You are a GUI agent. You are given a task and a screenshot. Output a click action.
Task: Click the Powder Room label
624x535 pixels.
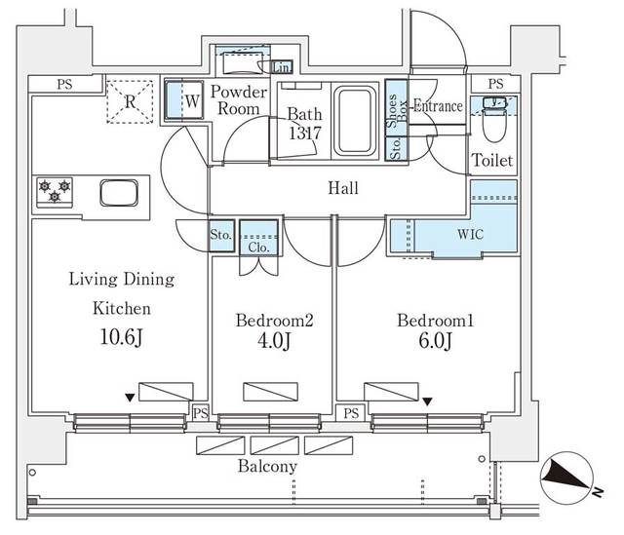click(235, 100)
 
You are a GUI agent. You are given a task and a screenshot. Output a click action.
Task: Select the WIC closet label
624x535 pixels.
click(469, 235)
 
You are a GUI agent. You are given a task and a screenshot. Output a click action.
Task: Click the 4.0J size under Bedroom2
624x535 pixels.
click(273, 341)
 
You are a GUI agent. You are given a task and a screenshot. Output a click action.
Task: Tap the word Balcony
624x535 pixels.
click(267, 467)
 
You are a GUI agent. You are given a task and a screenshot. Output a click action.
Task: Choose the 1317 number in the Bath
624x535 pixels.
click(303, 134)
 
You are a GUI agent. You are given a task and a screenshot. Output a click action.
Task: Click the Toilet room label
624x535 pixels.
click(492, 160)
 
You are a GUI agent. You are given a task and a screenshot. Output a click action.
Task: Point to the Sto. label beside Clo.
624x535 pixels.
click(220, 235)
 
